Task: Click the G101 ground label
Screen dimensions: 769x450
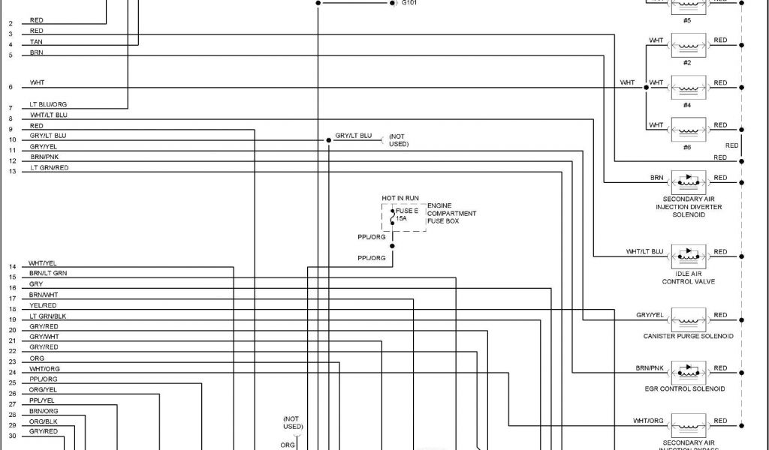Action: pyautogui.click(x=411, y=3)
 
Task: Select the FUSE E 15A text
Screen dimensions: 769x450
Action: pyautogui.click(x=406, y=214)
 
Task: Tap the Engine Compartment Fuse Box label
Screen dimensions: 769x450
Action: pyautogui.click(x=451, y=213)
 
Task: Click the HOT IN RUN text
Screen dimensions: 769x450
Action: pyautogui.click(x=400, y=198)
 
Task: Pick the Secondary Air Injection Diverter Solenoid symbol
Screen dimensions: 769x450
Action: pyautogui.click(x=688, y=180)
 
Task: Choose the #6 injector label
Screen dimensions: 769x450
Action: pyautogui.click(x=687, y=147)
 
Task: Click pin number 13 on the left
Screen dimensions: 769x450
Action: pyautogui.click(x=12, y=172)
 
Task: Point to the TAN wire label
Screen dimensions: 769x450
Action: pyautogui.click(x=36, y=42)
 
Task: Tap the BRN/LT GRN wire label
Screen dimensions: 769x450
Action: pyautogui.click(x=48, y=274)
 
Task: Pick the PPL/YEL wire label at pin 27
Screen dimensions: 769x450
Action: pyautogui.click(x=42, y=400)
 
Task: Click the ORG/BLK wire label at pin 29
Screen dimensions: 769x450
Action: pyautogui.click(x=43, y=421)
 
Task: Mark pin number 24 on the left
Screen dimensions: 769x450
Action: pyautogui.click(x=12, y=372)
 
